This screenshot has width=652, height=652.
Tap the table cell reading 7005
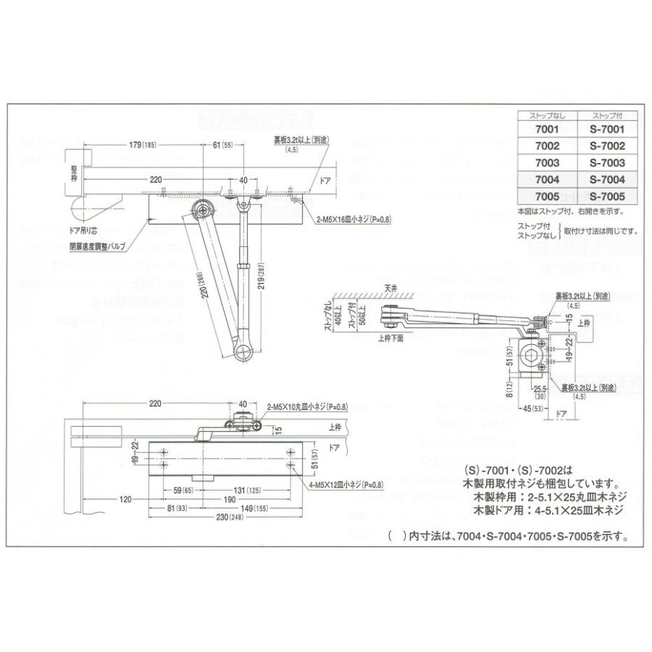[x=546, y=196]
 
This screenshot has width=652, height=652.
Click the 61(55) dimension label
[x=222, y=146]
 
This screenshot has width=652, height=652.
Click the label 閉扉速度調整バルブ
[x=97, y=246]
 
